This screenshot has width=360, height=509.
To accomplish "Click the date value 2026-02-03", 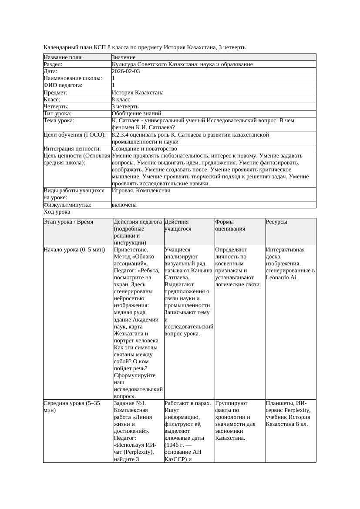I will click(x=126, y=71).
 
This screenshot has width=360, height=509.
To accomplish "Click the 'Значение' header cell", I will click(x=124, y=57).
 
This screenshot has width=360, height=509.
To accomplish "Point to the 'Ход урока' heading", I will click(x=57, y=212).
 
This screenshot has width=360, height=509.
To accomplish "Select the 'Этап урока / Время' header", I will click(x=68, y=222).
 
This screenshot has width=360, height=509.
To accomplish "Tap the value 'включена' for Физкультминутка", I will click(x=124, y=205).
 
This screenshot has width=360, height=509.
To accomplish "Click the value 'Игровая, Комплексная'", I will click(x=141, y=191).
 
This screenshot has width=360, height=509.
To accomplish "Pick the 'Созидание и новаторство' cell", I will click(x=145, y=149).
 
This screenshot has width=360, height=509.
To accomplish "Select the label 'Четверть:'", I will click(x=56, y=107).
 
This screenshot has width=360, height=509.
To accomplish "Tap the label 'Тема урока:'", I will click(x=59, y=121).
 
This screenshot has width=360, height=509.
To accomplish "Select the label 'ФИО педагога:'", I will click(x=63, y=85).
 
